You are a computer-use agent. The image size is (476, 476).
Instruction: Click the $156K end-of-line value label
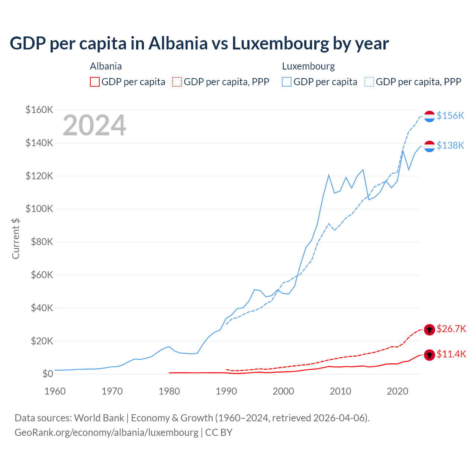coord(450,116)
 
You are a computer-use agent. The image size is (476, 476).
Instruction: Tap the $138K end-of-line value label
coord(450,145)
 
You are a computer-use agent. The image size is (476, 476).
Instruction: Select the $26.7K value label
coord(451,329)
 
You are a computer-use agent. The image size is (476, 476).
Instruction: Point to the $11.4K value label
coord(451,354)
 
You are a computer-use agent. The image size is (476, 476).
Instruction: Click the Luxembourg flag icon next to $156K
coord(430,116)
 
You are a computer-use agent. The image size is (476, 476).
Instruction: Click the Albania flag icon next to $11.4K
coord(430,355)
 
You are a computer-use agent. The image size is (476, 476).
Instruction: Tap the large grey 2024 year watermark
coord(94,125)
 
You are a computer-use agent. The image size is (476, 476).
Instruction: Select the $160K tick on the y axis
coord(39,110)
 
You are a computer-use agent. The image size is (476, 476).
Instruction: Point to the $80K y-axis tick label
coord(39,242)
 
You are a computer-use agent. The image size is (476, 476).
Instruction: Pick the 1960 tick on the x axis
coord(55,391)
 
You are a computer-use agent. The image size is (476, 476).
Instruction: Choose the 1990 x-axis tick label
coord(226,391)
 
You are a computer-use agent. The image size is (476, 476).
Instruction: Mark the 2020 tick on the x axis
coord(398,391)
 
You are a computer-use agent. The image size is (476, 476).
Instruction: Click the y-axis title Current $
coord(16,238)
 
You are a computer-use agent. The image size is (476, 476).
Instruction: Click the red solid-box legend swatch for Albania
coord(95,82)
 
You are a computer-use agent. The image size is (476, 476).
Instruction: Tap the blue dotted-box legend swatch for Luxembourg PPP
coord(369,82)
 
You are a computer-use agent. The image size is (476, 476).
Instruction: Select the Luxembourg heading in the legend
coord(308,66)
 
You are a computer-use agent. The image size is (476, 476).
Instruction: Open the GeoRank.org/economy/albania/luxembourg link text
coord(106,432)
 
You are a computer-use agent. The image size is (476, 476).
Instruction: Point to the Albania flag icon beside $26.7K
coord(430,329)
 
